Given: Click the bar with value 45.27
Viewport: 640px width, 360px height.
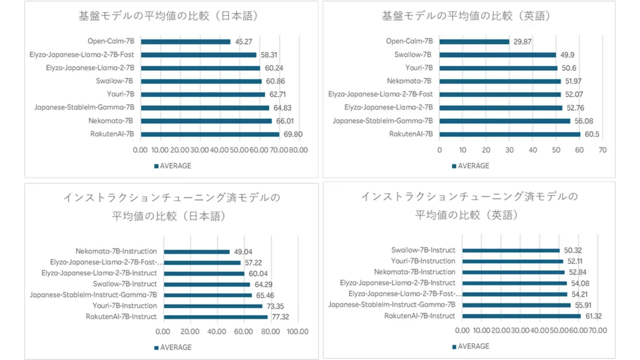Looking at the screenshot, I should click(x=185, y=42).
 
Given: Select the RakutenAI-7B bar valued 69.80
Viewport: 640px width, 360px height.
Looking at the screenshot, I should click(x=210, y=134).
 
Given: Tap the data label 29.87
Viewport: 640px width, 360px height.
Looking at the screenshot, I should click(x=522, y=42).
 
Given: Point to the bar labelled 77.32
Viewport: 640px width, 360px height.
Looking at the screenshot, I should click(x=216, y=317).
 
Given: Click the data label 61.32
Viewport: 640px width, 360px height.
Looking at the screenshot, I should click(x=593, y=316).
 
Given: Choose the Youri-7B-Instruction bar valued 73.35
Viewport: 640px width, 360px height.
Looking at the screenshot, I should click(x=213, y=306).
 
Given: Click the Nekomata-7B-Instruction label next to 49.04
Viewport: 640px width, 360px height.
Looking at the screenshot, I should click(x=116, y=251).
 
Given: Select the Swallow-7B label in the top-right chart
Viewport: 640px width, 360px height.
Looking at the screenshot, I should click(x=413, y=55).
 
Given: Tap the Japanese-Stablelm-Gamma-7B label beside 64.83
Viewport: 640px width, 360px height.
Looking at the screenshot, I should click(x=84, y=107).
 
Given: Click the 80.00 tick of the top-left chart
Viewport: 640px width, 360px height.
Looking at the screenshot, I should click(x=298, y=150).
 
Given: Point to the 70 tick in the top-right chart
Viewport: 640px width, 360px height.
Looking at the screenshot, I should click(x=602, y=150).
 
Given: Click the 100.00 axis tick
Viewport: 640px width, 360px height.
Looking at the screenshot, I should click(x=298, y=332).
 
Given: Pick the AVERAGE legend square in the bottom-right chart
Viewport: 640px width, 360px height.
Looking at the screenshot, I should click(x=454, y=347).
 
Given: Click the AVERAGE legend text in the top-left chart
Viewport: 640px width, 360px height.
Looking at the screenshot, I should click(x=176, y=166).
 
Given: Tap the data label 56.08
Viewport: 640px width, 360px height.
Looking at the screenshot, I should click(x=584, y=121).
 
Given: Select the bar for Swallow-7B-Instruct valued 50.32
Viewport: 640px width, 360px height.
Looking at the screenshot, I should click(x=511, y=250).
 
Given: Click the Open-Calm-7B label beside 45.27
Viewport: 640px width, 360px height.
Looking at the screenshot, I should click(x=111, y=41).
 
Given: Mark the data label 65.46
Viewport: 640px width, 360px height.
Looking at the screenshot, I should click(x=265, y=295).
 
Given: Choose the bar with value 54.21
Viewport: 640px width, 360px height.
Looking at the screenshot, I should click(x=515, y=294).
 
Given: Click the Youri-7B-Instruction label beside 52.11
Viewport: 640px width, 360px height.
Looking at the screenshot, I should click(x=423, y=261).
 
